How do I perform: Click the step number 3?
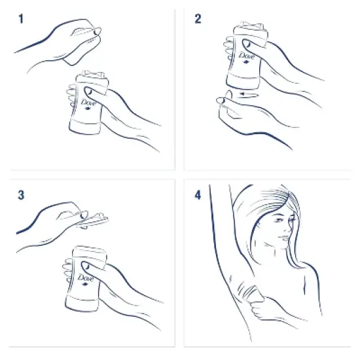coord(20,194)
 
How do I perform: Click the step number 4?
coord(198,194)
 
